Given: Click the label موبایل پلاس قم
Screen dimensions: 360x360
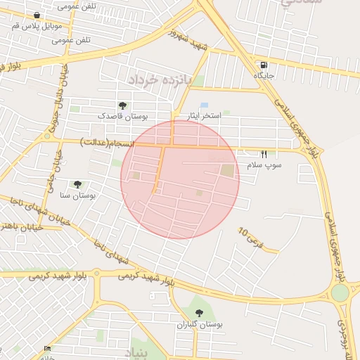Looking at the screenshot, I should coord(37,25).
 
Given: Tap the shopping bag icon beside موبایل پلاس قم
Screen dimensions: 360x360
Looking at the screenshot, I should coord(37,14).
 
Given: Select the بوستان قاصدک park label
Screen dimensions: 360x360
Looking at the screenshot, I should coord(122,115).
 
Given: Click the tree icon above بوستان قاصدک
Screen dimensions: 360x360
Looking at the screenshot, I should coord(122,105).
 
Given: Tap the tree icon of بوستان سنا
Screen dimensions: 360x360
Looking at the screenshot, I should coord(77,184).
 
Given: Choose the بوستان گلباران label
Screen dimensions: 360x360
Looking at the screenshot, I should coord(199,324).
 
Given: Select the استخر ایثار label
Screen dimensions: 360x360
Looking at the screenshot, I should coord(205,115).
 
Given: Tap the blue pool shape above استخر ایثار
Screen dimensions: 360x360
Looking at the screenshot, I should coord(204,105).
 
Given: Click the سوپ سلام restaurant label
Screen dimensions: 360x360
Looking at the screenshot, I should coord(264,165).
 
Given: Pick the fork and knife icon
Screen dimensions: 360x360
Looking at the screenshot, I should coord(264,154).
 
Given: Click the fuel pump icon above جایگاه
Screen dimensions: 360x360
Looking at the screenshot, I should coord(264,65).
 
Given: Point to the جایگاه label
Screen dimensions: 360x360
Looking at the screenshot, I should coord(264,75).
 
